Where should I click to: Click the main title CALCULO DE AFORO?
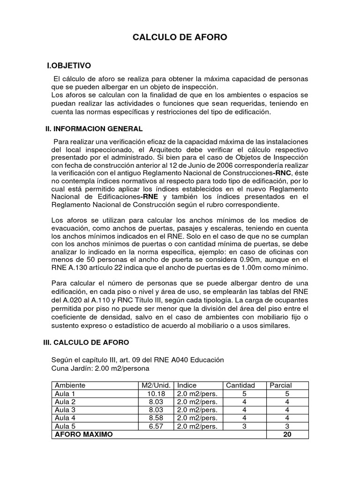180,37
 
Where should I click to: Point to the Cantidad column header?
240,385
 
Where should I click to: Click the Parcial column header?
281,385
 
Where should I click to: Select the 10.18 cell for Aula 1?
157,394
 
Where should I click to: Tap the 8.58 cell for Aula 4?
157,418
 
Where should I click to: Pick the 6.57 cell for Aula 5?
157,427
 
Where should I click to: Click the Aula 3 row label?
66,410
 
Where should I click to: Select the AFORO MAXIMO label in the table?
84,435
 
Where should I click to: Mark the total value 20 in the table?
287,435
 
